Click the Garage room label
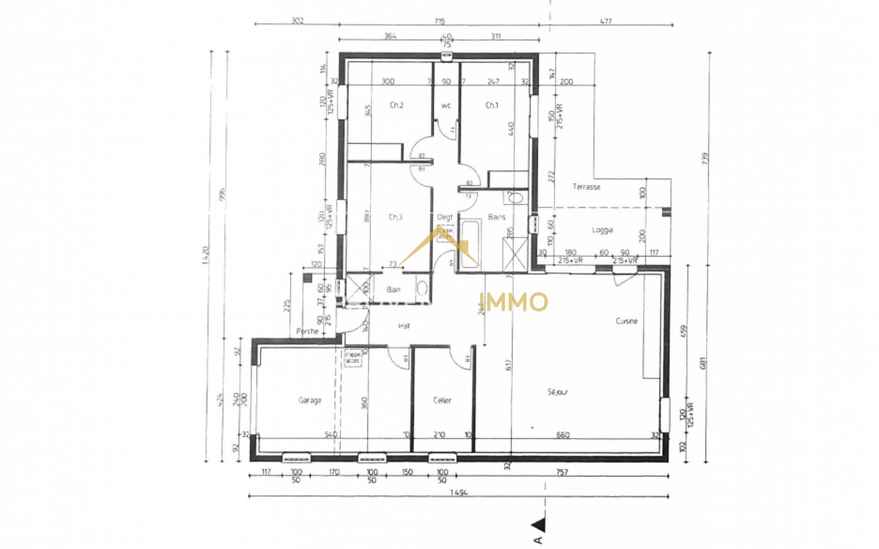coord(309,401)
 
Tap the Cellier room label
coord(442,401)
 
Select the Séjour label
coord(557,392)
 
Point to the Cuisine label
coord(626,321)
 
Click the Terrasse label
coord(586,187)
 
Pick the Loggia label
coord(602,230)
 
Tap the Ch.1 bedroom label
coord(492,105)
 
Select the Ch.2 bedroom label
coord(396,105)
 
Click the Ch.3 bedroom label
coord(395,217)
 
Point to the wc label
coord(446,106)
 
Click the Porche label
coord(307,331)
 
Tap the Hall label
coord(404,326)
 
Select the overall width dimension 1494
coord(458,493)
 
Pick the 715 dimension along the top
coord(440,21)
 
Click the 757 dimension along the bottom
coord(561,472)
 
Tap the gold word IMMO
coord(514,302)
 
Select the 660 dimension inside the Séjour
coord(562,435)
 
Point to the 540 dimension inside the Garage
coord(331,435)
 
